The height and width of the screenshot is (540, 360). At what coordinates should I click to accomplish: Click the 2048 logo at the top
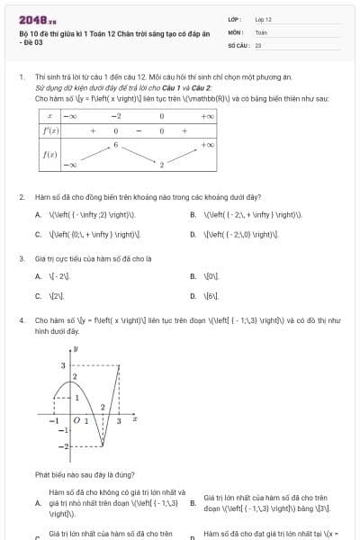(x=31, y=19)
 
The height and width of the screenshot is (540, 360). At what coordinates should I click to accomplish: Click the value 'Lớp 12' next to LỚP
(x=263, y=18)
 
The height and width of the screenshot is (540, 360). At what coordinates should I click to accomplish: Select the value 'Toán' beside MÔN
(x=261, y=31)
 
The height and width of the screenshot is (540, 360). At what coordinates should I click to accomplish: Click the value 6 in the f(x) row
(x=116, y=143)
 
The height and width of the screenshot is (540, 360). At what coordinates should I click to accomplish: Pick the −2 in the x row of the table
(x=116, y=116)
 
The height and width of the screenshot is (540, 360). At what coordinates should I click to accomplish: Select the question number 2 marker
(x=22, y=196)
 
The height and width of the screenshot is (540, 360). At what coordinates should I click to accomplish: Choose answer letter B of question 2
(x=193, y=215)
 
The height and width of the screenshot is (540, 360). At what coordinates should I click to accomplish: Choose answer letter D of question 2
(x=193, y=234)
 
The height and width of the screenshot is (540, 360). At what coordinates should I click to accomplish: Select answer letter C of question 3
(x=38, y=295)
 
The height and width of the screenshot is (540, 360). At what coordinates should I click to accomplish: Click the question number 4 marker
(x=22, y=319)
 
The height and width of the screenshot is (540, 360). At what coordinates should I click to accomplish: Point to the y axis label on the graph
(x=76, y=347)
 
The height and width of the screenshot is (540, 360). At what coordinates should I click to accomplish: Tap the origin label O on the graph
(x=76, y=420)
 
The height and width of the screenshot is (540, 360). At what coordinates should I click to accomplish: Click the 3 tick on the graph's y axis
(x=63, y=365)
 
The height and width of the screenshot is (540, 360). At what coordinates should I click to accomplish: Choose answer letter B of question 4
(x=193, y=503)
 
